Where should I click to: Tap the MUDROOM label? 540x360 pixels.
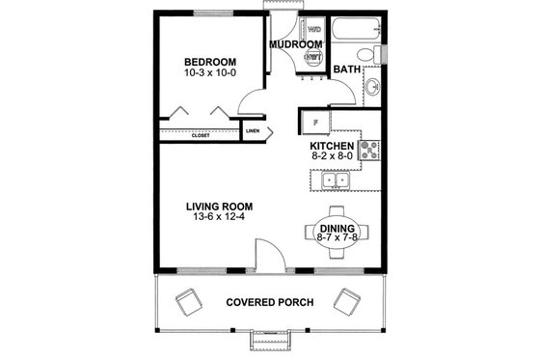[x=295, y=44]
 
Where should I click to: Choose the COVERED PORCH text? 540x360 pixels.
[x=269, y=302]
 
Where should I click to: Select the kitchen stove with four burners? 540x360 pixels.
[x=370, y=149]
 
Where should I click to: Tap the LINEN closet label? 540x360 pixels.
[x=253, y=130]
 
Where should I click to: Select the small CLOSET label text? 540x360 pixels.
[x=201, y=135]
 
